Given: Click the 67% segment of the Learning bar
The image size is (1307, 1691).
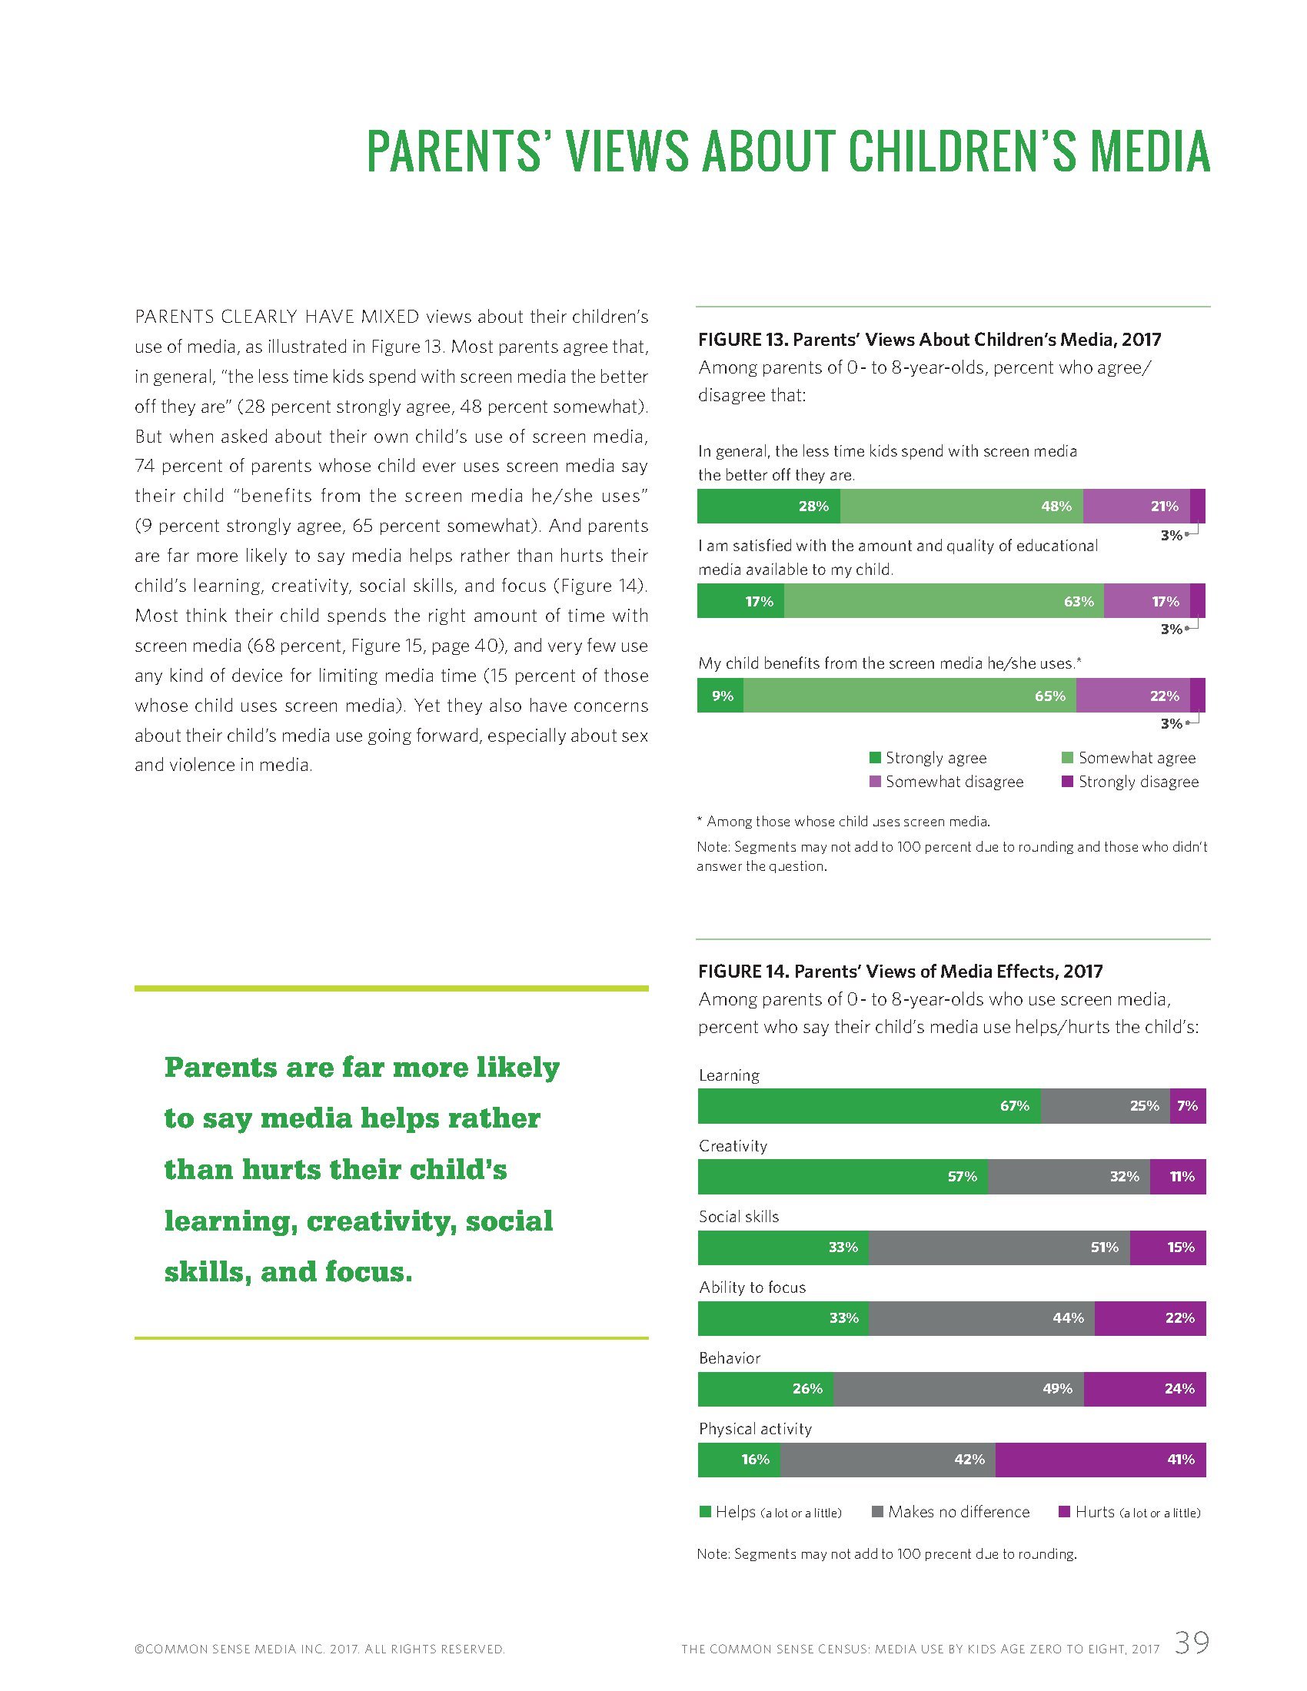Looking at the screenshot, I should point(869,1105).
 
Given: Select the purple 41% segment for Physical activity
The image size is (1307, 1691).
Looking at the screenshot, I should point(1099,1460).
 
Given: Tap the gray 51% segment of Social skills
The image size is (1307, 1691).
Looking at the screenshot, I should point(999,1247).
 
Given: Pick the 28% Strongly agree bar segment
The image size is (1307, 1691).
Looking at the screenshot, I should point(768,507).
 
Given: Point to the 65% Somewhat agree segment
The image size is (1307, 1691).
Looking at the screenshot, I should point(910,696).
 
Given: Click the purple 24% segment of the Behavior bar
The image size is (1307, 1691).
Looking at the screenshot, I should point(1145,1389).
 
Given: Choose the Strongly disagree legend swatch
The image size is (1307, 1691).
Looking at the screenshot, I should point(1067,782).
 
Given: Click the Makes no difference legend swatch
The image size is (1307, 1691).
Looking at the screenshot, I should point(877,1512).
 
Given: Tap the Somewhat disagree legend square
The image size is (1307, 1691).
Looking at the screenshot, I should point(875,782).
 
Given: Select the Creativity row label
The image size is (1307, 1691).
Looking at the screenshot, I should point(733,1146).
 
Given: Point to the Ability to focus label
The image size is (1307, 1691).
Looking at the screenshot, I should point(752,1287).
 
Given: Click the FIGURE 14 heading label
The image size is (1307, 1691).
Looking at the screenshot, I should point(743,971).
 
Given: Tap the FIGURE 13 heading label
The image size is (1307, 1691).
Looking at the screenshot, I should point(743,339).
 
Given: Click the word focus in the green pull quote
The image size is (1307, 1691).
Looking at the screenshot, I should point(367,1272).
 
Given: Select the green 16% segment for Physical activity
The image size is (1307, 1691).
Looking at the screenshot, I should point(739,1460).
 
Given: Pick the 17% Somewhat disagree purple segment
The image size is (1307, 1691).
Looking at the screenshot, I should point(1146,601).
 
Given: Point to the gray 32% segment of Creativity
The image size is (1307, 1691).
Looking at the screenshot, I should point(1069,1177).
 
